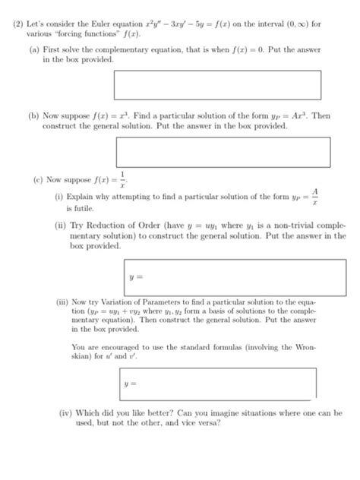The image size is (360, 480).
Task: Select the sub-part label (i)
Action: (x=58, y=197)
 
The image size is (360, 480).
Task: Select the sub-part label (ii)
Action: (x=59, y=226)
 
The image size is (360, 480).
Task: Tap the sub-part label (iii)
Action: (x=61, y=302)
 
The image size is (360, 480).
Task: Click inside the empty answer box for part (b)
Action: (x=223, y=152)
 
